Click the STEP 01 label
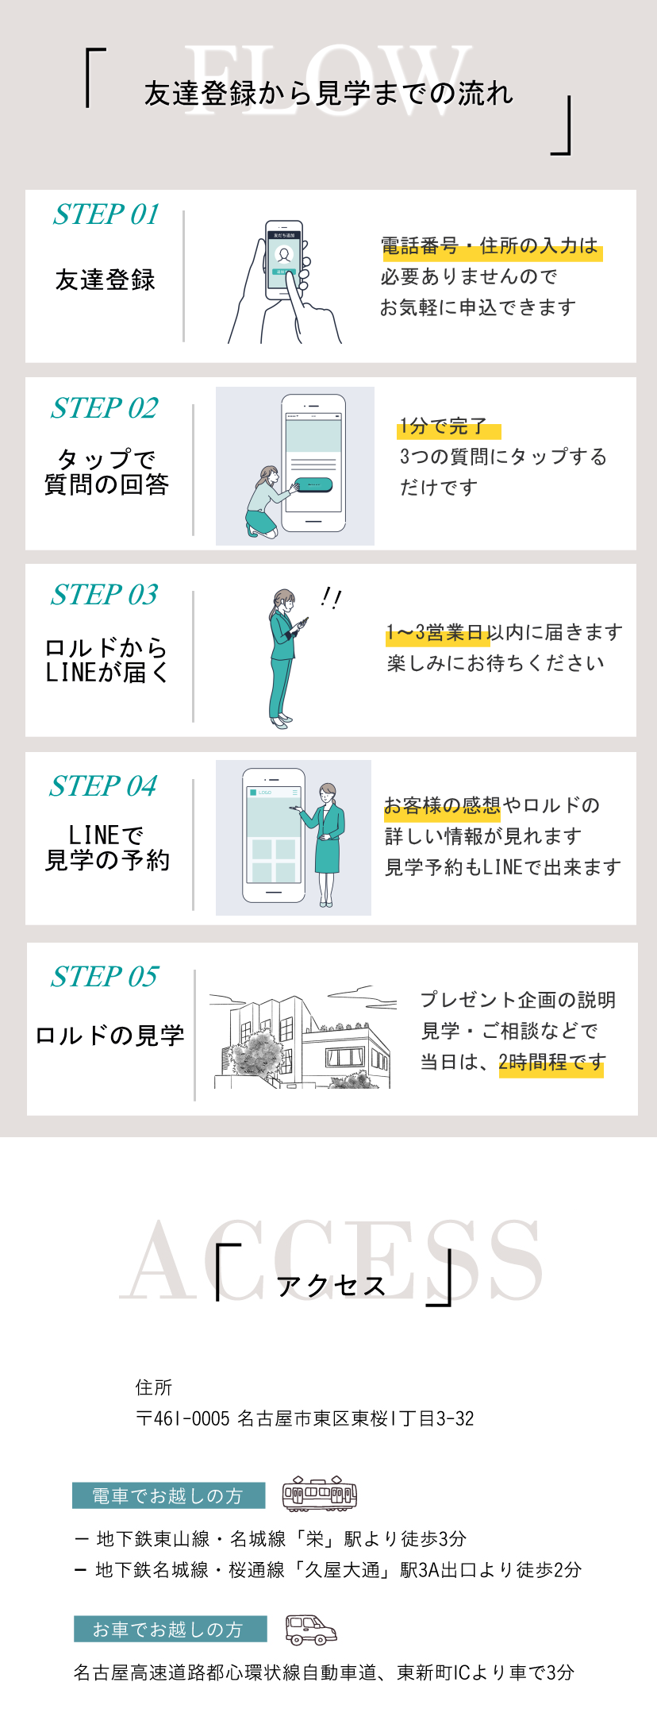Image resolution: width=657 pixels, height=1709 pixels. click(x=106, y=214)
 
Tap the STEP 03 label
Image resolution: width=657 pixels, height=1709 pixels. click(x=105, y=595)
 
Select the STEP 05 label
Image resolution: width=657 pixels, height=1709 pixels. click(x=105, y=977)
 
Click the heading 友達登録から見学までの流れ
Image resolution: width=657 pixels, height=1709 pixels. click(x=328, y=94)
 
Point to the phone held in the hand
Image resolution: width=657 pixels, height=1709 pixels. click(x=284, y=260)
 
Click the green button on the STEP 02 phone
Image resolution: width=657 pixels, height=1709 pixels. click(x=313, y=484)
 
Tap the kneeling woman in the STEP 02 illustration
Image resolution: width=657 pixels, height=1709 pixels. click(x=267, y=501)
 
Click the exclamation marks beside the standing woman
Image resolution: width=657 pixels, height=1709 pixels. click(x=331, y=598)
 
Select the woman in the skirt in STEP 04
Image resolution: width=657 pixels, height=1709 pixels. click(x=325, y=844)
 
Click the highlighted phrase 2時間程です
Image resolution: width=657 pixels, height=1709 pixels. click(x=552, y=1063)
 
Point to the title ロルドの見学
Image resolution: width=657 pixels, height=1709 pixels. click(x=109, y=1036)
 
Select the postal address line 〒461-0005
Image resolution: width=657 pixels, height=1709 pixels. click(x=305, y=1418)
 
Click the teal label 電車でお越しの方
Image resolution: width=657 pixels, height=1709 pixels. click(x=168, y=1495)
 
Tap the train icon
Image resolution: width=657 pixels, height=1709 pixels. click(x=320, y=1494)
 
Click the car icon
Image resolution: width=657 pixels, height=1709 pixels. click(x=311, y=1630)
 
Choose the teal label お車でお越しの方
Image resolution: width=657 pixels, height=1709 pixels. click(x=170, y=1629)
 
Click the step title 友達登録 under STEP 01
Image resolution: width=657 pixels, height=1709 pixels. click(x=106, y=280)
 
